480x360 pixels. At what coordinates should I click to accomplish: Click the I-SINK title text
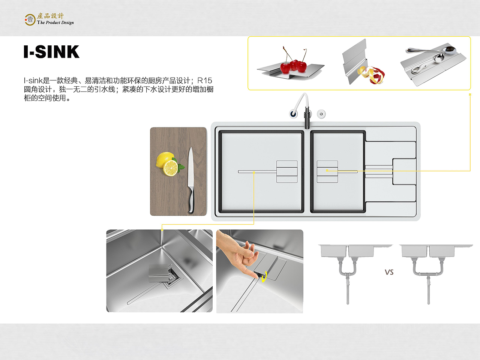(x=51, y=52)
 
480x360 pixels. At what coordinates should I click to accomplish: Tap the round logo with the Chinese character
(x=30, y=19)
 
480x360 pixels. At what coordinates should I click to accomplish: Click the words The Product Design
(x=55, y=22)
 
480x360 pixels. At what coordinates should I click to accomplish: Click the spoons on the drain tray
(x=431, y=58)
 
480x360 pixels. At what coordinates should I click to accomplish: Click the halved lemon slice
(x=171, y=168)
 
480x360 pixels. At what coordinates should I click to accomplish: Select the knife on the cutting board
(x=190, y=176)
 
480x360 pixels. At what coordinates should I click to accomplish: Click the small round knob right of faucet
(x=321, y=114)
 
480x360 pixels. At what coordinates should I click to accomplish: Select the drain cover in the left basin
(x=287, y=171)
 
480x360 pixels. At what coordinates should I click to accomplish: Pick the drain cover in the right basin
(x=327, y=171)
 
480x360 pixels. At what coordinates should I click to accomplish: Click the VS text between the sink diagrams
(x=389, y=272)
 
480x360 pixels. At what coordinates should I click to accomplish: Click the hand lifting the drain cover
(x=238, y=251)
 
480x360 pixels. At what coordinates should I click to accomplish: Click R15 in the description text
(x=205, y=81)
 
